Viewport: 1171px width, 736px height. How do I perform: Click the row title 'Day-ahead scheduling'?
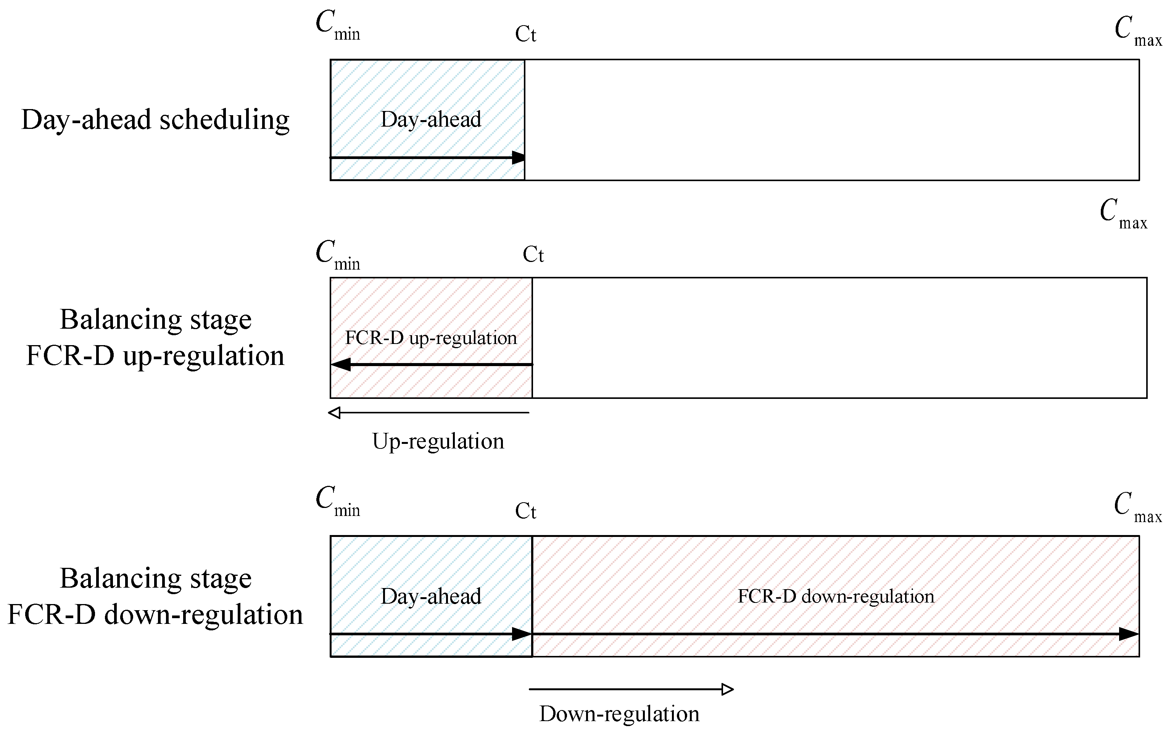[155, 120]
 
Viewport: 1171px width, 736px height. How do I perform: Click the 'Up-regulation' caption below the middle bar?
[438, 441]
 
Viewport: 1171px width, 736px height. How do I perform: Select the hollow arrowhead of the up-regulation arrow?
[335, 413]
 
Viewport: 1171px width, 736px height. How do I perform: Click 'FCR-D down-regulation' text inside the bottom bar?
[836, 596]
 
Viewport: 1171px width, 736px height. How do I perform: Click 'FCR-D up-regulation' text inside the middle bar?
[431, 338]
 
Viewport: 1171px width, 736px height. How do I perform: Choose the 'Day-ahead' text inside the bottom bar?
[431, 596]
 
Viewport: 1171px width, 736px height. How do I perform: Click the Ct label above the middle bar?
[533, 255]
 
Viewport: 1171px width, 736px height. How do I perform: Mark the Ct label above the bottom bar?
[525, 511]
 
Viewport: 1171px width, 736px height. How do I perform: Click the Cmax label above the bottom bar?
[1137, 508]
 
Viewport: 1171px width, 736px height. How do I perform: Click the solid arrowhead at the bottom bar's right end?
[1128, 634]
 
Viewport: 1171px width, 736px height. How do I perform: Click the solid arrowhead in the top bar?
[519, 157]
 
